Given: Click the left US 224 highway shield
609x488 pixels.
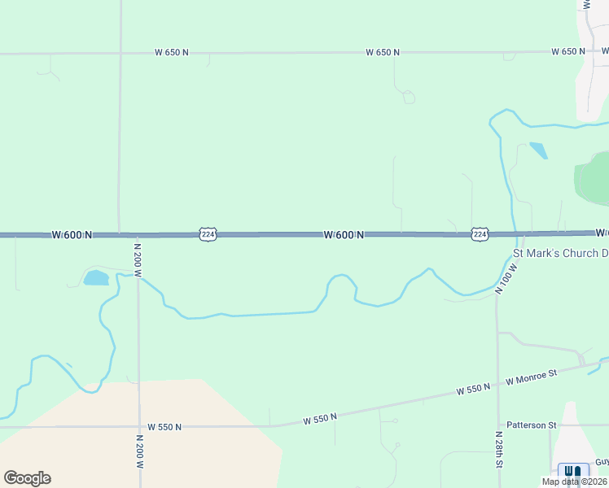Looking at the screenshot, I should [208, 234].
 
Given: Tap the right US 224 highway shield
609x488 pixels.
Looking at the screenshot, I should [480, 234].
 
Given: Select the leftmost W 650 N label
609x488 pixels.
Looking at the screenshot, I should [172, 52].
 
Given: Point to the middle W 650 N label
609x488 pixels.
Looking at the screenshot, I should [383, 52].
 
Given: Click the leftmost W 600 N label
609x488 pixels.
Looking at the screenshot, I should [72, 235].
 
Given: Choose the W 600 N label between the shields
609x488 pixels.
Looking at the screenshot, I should [344, 235].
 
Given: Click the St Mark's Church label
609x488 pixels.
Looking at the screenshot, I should [560, 254].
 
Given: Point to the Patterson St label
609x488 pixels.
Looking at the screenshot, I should [531, 425].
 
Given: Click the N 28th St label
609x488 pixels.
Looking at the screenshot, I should [499, 451].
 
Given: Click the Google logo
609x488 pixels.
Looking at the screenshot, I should [27, 478].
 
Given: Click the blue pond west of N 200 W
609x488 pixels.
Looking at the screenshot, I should [96, 277].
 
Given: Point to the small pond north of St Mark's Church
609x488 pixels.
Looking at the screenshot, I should [538, 150].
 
